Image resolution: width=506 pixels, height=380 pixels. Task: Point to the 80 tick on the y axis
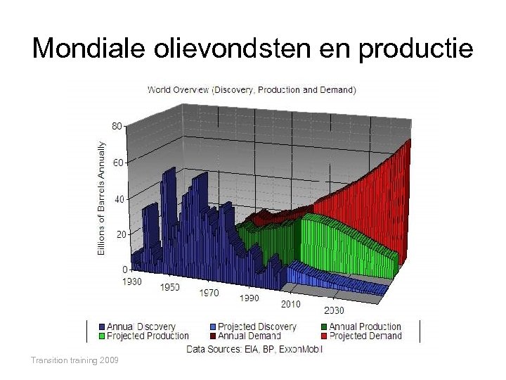coord(117,126)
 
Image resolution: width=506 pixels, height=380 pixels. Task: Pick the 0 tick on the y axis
coord(124,270)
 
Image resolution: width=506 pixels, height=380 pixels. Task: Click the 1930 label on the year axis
coord(132,281)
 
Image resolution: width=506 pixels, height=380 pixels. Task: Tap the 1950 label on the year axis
coord(169,287)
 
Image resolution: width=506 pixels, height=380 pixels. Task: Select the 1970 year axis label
coord(209,293)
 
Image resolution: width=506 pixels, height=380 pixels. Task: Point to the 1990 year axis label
coord(249,298)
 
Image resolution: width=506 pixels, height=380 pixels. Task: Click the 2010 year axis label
coord(290,304)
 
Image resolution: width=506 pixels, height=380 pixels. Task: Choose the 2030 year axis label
coord(334,310)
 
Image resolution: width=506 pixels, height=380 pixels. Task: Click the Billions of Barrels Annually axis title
coord(101,198)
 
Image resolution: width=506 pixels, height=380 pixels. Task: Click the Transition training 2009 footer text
coord(74,360)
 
